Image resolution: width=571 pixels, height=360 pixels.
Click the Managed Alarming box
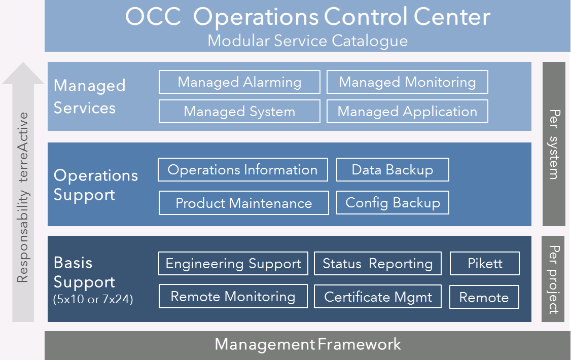coord(240,82)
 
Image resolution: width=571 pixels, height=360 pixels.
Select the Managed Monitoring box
coord(407,82)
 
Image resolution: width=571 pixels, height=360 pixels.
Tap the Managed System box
coord(240,112)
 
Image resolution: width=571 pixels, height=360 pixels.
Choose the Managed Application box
coord(407,112)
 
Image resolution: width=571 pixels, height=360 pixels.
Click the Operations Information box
coord(243,170)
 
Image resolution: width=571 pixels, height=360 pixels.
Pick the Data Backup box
coord(392,170)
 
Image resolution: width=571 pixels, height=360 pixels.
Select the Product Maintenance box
coord(243,203)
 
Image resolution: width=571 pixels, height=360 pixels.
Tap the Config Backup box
coord(392,202)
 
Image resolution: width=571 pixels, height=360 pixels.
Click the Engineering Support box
coord(233,263)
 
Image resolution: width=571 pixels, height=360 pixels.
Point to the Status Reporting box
coord(378,263)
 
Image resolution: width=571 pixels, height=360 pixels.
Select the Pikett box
coord(485,263)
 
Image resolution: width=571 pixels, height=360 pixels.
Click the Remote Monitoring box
coord(233,296)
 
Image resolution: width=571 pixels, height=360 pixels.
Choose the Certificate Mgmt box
coord(378,297)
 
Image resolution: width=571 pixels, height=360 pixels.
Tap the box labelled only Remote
coord(484,297)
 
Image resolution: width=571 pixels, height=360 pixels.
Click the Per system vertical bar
coord(554,144)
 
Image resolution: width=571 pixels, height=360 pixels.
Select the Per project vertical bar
coord(553,279)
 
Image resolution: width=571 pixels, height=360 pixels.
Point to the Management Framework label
coord(308,344)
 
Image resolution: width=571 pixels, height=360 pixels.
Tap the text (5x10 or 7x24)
coord(93,299)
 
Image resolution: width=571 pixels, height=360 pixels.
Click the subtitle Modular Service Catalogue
coord(308,41)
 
